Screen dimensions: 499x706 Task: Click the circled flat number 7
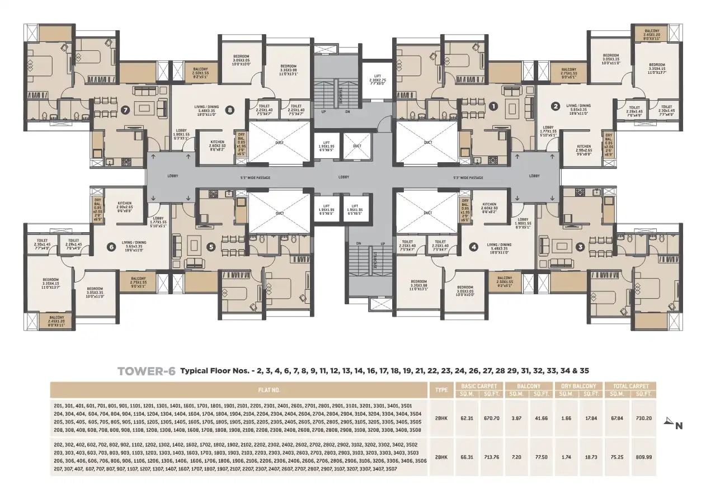coord(125,110)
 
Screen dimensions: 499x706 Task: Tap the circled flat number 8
coord(229,110)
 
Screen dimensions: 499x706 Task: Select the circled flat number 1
coord(493,105)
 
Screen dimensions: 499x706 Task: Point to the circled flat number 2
coord(555,105)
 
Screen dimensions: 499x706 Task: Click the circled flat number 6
coord(111,246)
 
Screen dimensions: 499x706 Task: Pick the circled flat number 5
coord(211,246)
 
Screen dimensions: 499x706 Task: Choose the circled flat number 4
coord(474,246)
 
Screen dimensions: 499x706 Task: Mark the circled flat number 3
coord(580,246)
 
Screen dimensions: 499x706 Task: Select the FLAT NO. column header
coord(269,389)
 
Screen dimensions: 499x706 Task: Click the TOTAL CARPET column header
coord(631,386)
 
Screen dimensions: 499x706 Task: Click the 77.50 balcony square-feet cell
coord(540,456)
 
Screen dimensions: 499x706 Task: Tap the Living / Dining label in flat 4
coord(498,246)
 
